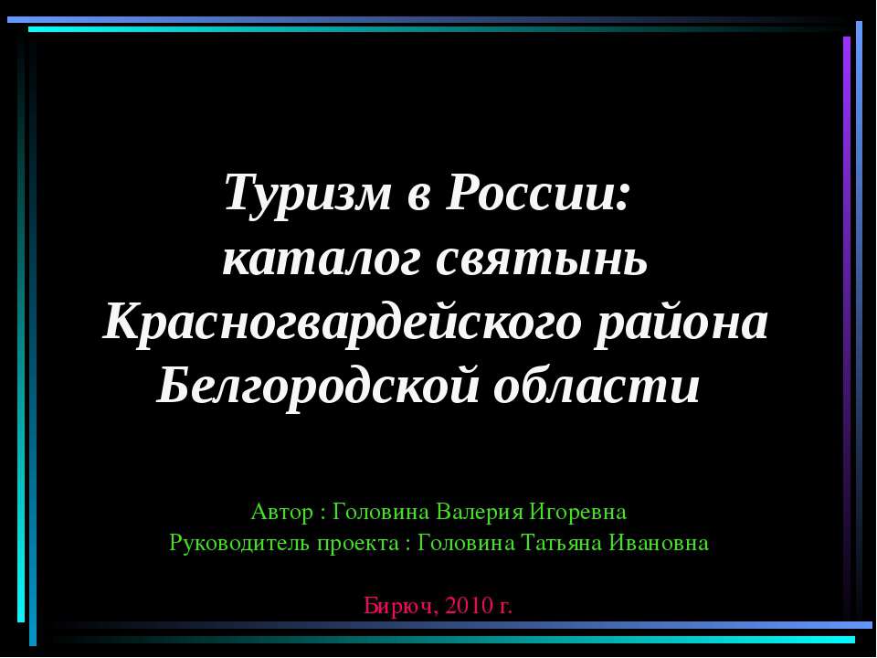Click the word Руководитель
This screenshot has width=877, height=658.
tap(240, 543)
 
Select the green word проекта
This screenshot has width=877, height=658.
tap(357, 543)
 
